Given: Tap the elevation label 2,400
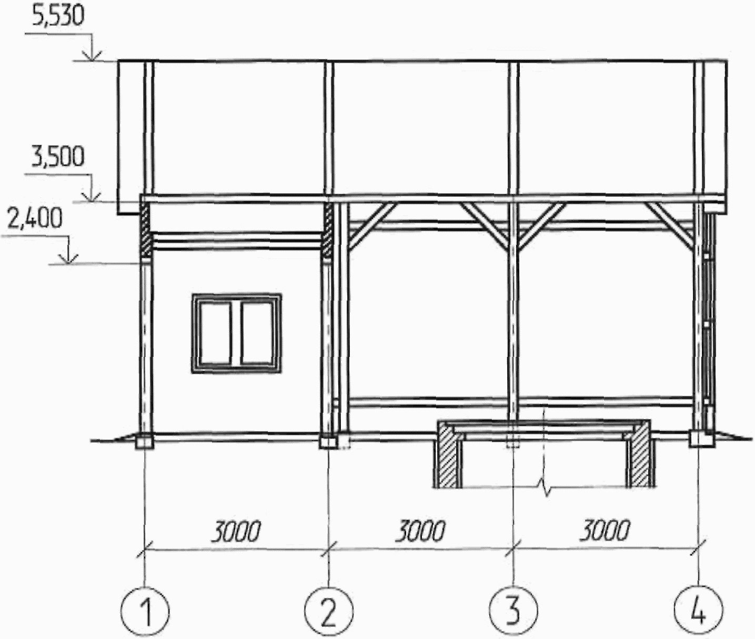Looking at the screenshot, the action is coord(35,219).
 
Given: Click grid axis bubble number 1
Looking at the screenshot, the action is coord(145,611).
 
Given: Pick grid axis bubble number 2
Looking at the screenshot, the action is coord(329,611).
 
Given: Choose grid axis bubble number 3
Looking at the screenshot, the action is coord(514,611).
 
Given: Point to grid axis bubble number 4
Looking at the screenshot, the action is coord(699,611).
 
